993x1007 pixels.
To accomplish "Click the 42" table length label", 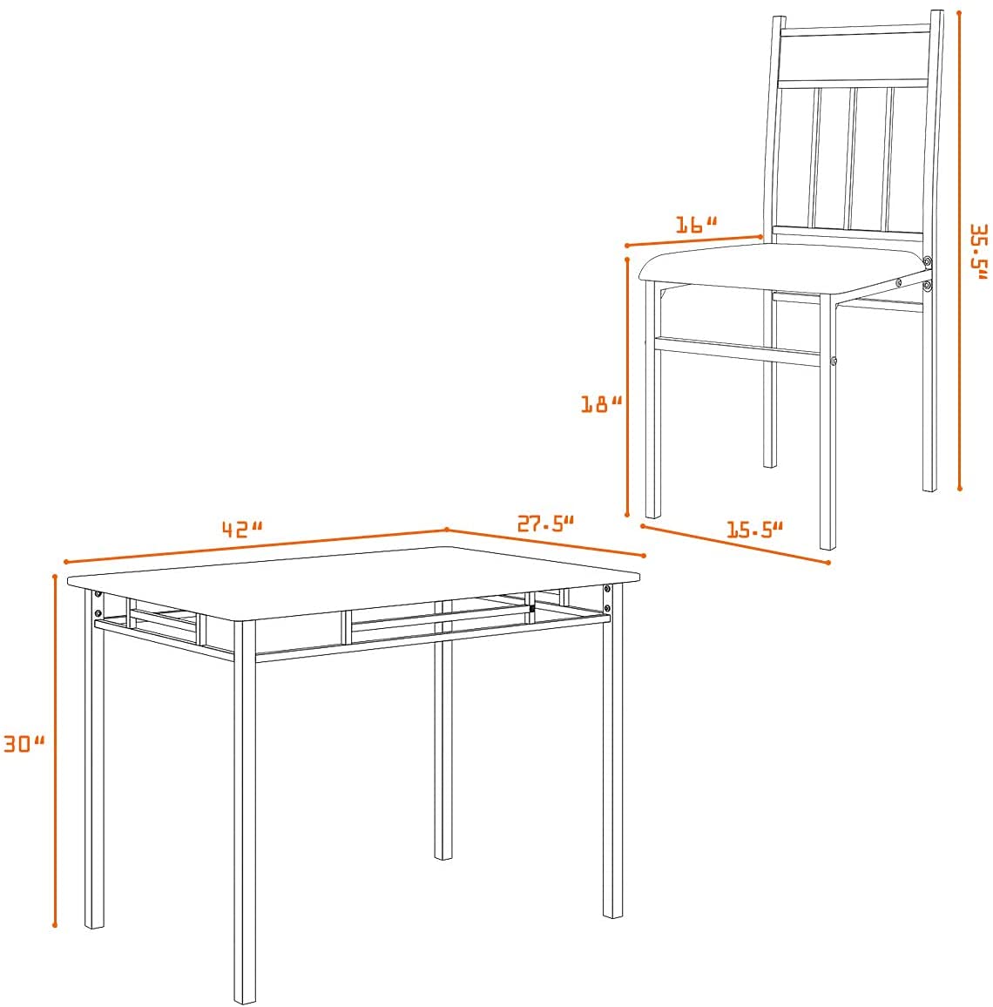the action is (x=242, y=529).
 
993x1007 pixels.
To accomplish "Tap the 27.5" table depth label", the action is (x=545, y=524).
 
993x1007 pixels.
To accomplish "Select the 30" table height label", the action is (x=24, y=744).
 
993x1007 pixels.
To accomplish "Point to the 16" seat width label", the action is (x=696, y=225).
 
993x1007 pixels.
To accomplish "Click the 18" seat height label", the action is (x=601, y=404).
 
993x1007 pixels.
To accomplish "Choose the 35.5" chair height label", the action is (x=979, y=252).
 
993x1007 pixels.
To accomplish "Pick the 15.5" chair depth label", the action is (x=754, y=530).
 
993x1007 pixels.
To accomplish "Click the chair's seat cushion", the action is (x=784, y=269).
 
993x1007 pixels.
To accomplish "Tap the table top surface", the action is (x=354, y=582).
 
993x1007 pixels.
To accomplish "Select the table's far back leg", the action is (x=442, y=732).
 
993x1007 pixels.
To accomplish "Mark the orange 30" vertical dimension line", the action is (x=55, y=750).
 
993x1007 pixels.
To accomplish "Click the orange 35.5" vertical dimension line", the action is (x=960, y=250).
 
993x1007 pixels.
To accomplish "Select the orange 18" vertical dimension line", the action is (x=627, y=387).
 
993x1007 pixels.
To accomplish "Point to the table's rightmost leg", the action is (x=612, y=752).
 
